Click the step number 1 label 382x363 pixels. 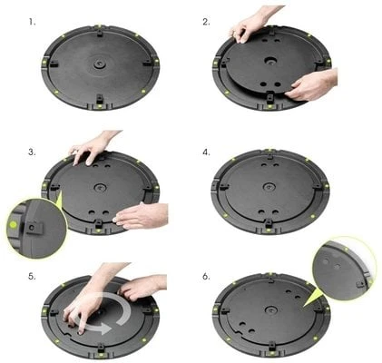[x=32, y=22]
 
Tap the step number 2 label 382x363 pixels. [x=206, y=22]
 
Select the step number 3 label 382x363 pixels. [x=32, y=152]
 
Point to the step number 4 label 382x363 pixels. [x=206, y=152]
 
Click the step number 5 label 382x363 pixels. [x=32, y=277]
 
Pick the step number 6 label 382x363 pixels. [x=206, y=277]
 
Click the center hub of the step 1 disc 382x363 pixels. [x=99, y=64]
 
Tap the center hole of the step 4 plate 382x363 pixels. [x=269, y=187]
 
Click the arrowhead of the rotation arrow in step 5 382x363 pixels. [x=105, y=329]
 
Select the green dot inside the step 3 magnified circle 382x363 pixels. [x=13, y=225]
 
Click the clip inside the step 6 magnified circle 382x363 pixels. [x=361, y=284]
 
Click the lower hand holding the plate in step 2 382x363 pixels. [x=311, y=85]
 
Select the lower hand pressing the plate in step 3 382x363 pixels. [x=141, y=216]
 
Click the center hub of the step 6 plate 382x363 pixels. [x=270, y=309]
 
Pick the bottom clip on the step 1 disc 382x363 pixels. [x=99, y=99]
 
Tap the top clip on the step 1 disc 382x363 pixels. [x=100, y=33]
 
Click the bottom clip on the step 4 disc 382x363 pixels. [x=269, y=223]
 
